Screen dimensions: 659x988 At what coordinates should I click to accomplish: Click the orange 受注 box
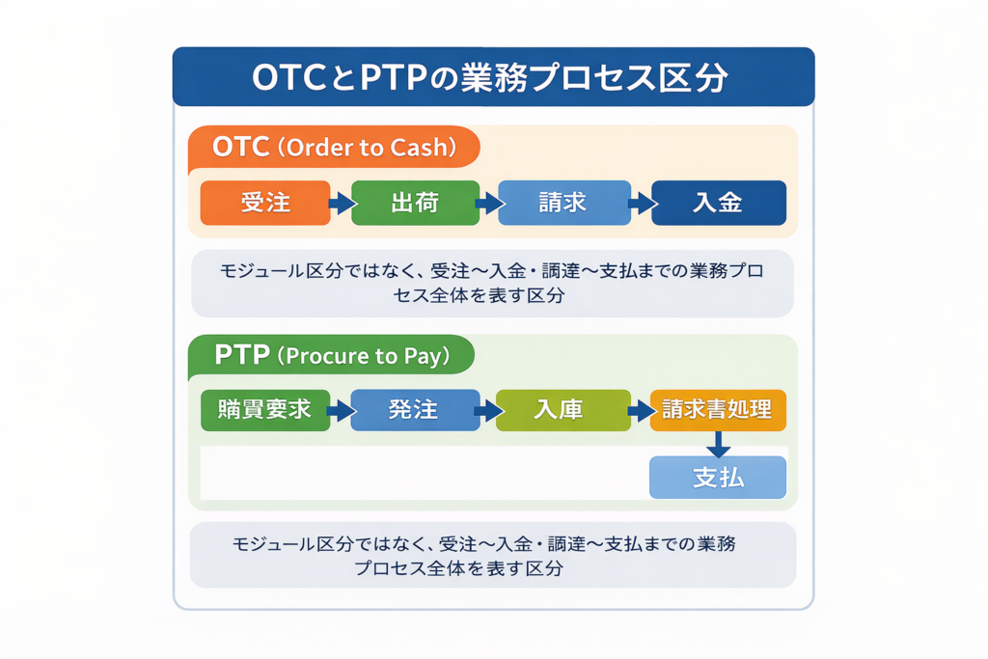[265, 203]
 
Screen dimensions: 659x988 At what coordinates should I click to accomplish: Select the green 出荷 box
[415, 203]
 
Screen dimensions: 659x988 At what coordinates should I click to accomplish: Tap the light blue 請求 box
[563, 203]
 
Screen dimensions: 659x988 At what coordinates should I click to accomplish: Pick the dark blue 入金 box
[718, 203]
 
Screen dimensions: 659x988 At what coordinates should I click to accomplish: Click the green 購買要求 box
[265, 409]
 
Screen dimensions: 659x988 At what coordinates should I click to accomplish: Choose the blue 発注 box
[414, 409]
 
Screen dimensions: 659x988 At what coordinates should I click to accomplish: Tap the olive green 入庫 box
[563, 409]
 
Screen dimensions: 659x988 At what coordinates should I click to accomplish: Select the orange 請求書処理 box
[718, 409]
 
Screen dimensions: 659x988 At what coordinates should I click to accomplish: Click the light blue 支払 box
[718, 477]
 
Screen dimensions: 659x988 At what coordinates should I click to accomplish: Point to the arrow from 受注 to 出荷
[341, 204]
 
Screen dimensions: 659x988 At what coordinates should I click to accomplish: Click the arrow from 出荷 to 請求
[489, 204]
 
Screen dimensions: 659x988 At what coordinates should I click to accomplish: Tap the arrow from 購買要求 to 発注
[340, 410]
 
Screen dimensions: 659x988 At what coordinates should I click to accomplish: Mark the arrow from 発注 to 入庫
[489, 410]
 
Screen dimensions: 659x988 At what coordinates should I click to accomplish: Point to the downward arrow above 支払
[718, 444]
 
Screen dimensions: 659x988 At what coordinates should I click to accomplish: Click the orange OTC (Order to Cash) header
[334, 149]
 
